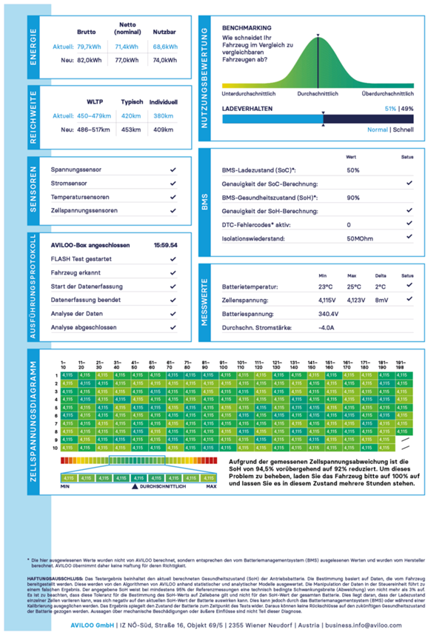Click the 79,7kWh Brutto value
(89, 47)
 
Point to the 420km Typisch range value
(131, 116)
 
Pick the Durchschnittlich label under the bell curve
(319, 94)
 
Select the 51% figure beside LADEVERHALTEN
(390, 108)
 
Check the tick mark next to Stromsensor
(173, 184)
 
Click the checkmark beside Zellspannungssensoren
(173, 211)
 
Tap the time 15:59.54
(165, 244)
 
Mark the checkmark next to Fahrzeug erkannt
(173, 273)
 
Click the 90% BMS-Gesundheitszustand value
(353, 198)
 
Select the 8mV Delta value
(382, 300)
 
